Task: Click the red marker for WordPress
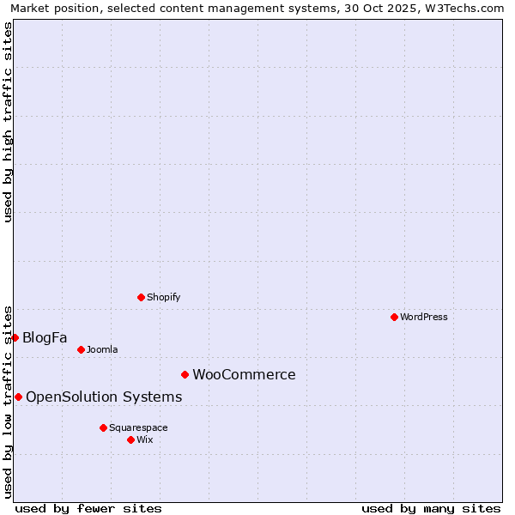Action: click(x=394, y=317)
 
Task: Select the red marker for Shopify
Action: click(x=141, y=297)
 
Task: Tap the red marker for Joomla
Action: click(x=81, y=349)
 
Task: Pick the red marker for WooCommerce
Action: click(x=185, y=374)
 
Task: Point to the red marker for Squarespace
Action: click(x=103, y=427)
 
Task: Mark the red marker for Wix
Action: click(x=130, y=439)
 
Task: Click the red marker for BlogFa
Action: click(x=15, y=337)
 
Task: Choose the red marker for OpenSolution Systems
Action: click(x=18, y=397)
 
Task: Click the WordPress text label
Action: click(x=424, y=317)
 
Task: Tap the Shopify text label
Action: click(x=163, y=297)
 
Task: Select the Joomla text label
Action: click(x=102, y=349)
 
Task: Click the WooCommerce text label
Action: click(x=244, y=374)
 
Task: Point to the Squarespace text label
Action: click(x=138, y=427)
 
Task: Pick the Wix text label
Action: click(x=145, y=439)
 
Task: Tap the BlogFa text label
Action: click(x=45, y=337)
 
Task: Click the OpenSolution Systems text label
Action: click(x=104, y=397)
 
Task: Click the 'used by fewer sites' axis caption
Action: click(x=88, y=508)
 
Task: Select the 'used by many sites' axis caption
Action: click(x=431, y=508)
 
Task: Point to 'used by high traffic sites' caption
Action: click(x=9, y=122)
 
